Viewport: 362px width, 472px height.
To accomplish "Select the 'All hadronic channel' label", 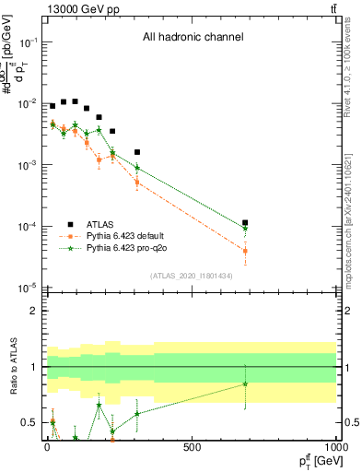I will pos(193,38).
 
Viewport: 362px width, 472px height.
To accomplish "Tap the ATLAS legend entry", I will pos(100,224).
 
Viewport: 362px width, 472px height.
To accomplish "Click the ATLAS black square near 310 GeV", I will pos(137,152).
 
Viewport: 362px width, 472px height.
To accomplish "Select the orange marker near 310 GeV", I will pos(137,182).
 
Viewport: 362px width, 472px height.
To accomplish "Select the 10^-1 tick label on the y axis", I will pos(29,42).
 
